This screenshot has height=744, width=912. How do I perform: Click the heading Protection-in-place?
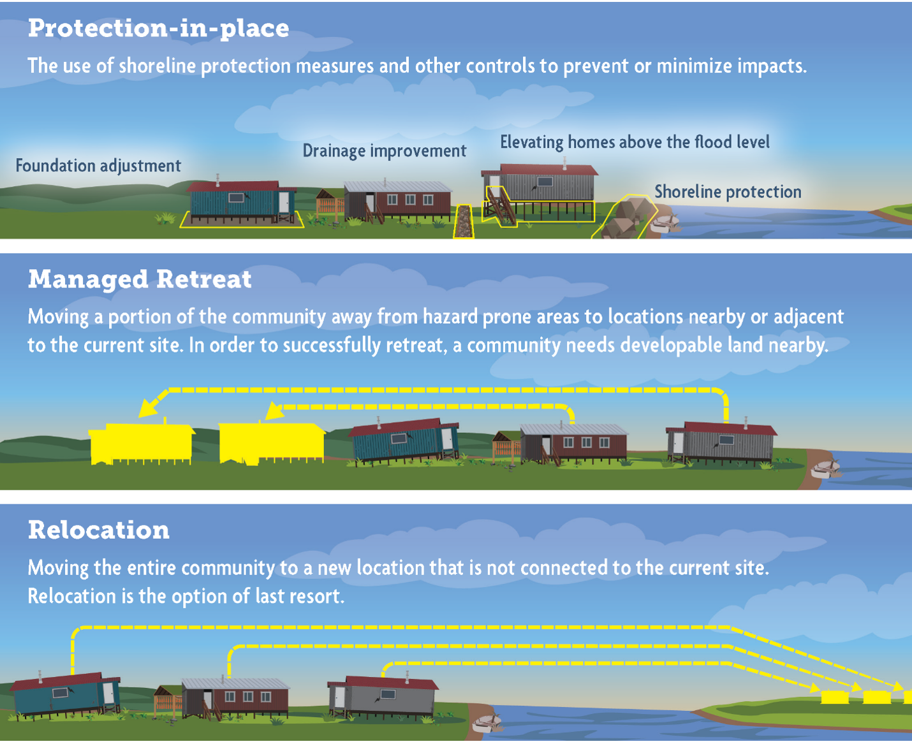pyautogui.click(x=158, y=29)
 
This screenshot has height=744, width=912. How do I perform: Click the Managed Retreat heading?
pyautogui.click(x=140, y=279)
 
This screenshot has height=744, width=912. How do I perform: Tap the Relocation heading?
pyautogui.click(x=99, y=530)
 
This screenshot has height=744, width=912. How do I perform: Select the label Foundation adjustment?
pyautogui.click(x=98, y=166)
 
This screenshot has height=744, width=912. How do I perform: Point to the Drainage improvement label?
pyautogui.click(x=385, y=151)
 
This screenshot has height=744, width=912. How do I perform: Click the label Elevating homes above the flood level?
pyautogui.click(x=635, y=142)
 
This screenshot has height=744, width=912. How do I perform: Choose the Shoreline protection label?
pyautogui.click(x=728, y=192)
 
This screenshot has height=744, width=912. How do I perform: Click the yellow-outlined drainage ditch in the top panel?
pyautogui.click(x=464, y=221)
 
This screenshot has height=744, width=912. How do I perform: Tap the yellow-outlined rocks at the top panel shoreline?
pyautogui.click(x=625, y=217)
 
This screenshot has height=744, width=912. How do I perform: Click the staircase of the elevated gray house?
pyautogui.click(x=499, y=207)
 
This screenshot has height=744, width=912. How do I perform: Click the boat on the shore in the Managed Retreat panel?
pyautogui.click(x=825, y=469)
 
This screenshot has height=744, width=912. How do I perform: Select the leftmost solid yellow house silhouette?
pyautogui.click(x=142, y=443)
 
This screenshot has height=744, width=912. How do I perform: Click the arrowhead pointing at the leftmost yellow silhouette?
pyautogui.click(x=149, y=407)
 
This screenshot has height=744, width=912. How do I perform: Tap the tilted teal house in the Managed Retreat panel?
pyautogui.click(x=404, y=441)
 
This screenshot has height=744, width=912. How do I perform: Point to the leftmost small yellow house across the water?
pyautogui.click(x=835, y=696)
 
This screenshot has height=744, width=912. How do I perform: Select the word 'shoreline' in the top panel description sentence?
pyautogui.click(x=158, y=66)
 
